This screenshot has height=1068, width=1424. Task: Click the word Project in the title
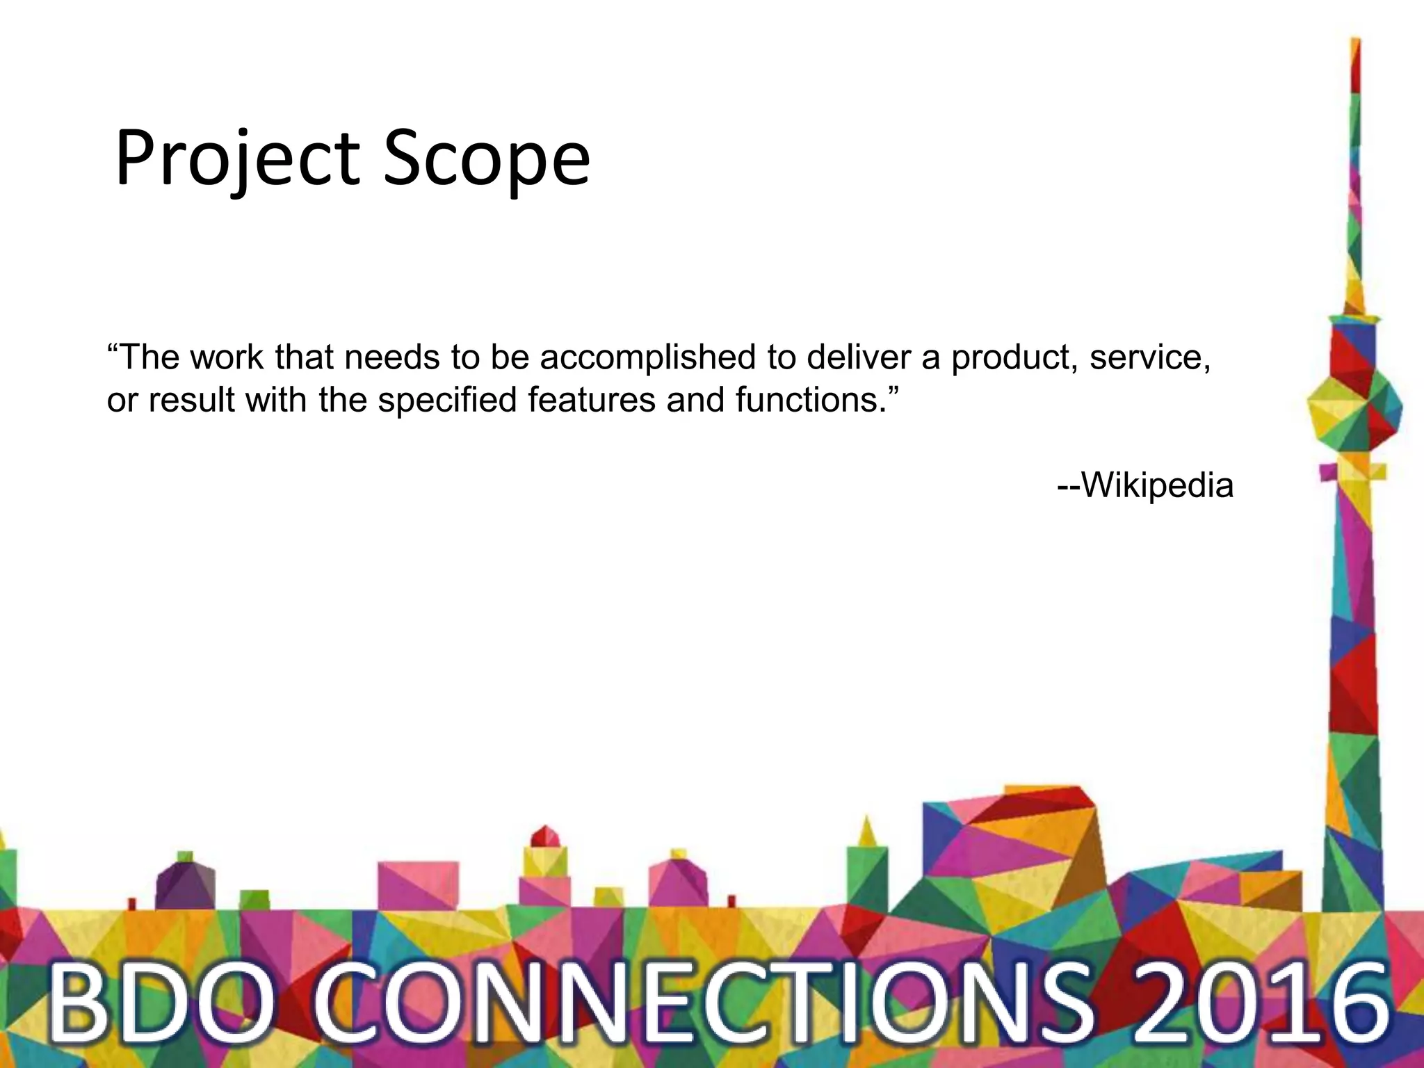click(237, 160)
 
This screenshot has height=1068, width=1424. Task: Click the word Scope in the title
click(486, 160)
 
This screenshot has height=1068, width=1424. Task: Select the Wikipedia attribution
click(1145, 485)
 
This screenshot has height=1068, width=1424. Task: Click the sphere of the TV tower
click(1354, 410)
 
